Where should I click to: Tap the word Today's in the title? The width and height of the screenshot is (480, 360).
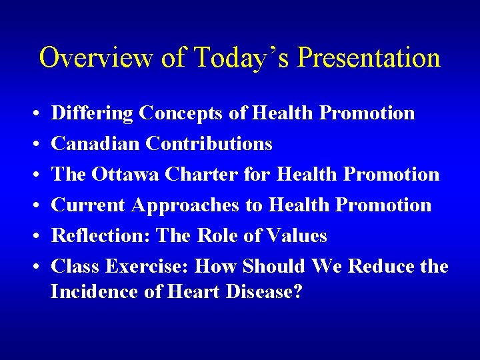pos(243,58)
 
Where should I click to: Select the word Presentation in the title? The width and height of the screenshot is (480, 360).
pos(368,58)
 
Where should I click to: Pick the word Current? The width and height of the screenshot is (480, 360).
pos(89,205)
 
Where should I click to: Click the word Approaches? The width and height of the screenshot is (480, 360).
pos(186,205)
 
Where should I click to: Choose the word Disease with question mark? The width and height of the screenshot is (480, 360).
pos(262,292)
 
